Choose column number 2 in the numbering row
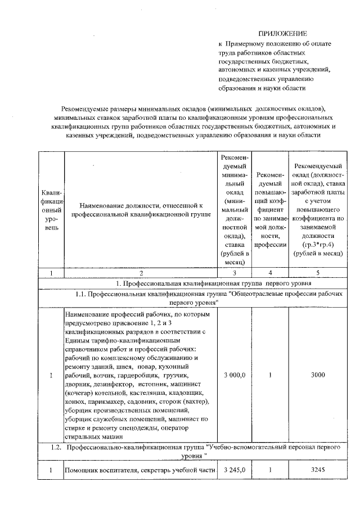coord(141,273)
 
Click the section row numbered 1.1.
coord(206,299)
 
